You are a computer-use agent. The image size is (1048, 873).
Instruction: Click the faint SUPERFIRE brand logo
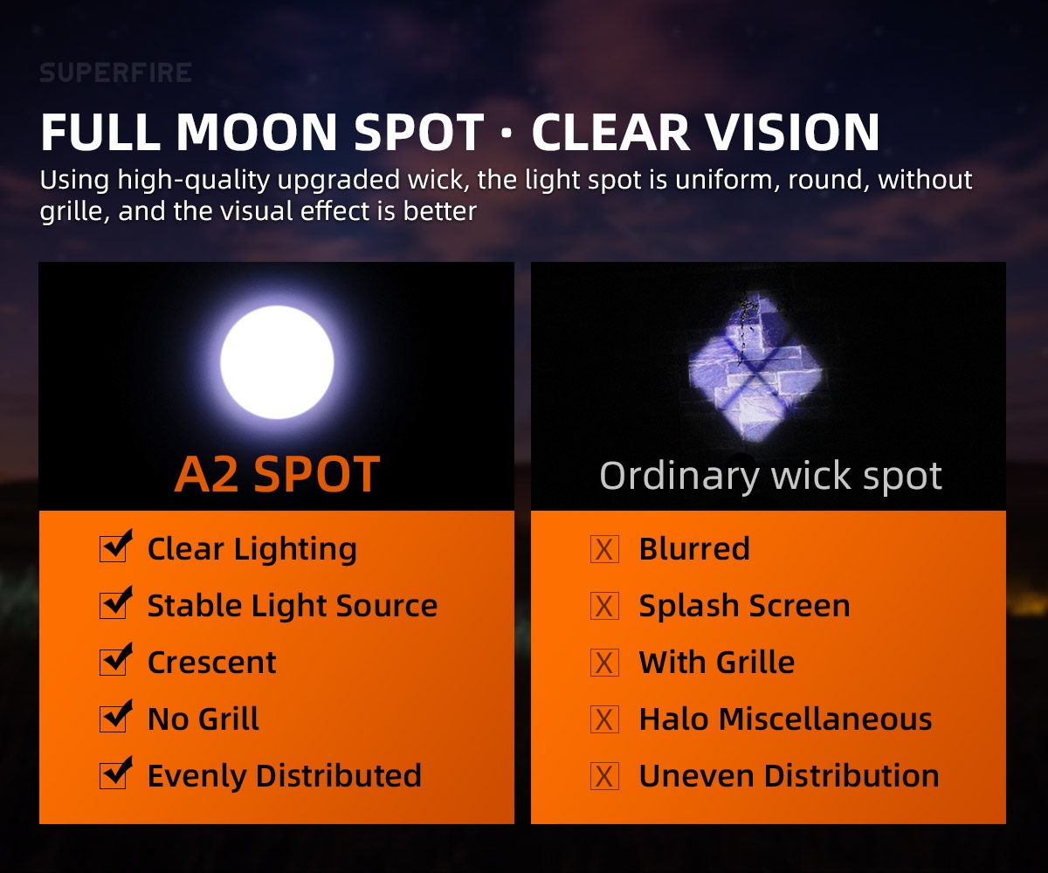tap(115, 72)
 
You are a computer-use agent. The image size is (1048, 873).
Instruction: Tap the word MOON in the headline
tap(256, 132)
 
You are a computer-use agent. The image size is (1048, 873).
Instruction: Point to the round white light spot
tap(277, 362)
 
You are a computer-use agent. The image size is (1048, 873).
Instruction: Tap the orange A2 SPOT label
tap(277, 474)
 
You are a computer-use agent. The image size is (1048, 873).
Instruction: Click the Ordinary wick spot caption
tap(770, 476)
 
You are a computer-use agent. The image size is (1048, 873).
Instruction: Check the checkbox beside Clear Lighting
tap(115, 546)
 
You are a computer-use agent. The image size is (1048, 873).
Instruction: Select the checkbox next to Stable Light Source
tap(115, 603)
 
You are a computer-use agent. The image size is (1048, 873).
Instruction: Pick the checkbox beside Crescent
tap(115, 660)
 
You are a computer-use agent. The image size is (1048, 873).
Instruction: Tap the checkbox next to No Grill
tap(115, 717)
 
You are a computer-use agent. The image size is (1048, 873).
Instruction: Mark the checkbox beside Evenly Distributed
tap(115, 773)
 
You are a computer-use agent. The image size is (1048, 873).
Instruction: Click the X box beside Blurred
tap(604, 549)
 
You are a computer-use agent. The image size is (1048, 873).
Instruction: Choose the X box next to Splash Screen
tap(604, 606)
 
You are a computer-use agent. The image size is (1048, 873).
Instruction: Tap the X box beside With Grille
tap(604, 663)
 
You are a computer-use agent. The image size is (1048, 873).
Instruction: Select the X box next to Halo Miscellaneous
tap(604, 719)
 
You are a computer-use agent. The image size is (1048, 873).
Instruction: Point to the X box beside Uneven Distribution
tap(604, 776)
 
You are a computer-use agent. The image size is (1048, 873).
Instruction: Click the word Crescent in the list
tap(212, 663)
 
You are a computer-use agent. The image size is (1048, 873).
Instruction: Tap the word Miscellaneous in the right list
tap(825, 719)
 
